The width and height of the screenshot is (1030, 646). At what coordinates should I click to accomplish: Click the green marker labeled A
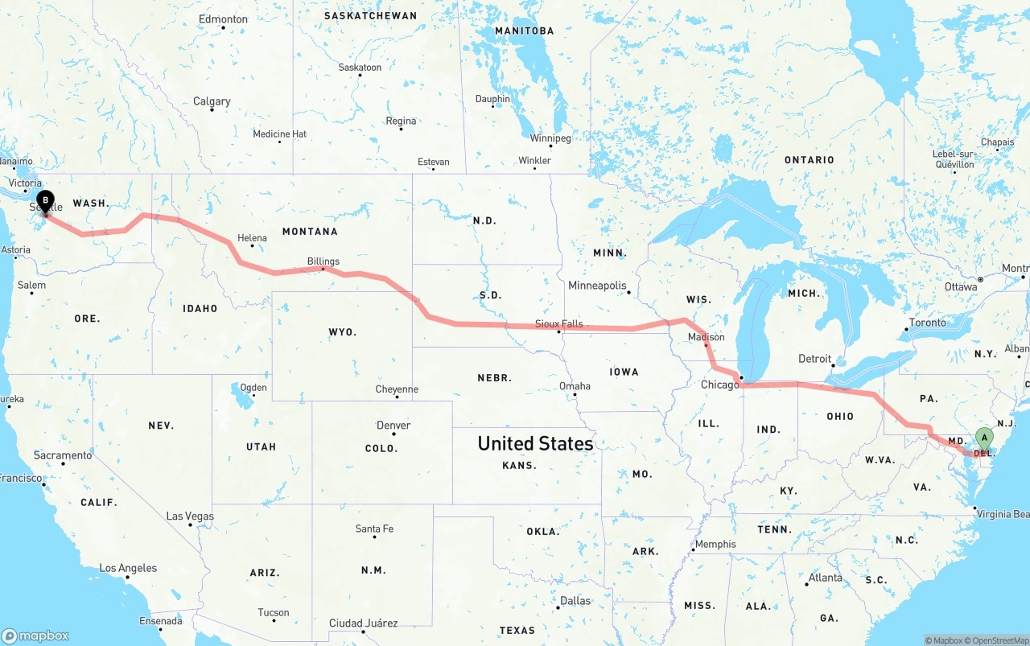point(983,438)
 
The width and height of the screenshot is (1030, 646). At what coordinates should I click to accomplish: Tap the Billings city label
point(323,261)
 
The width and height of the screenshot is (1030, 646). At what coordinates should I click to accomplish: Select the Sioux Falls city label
point(559,324)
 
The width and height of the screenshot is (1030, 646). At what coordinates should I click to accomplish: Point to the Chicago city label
point(719,385)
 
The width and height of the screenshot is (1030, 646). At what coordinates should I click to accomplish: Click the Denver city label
point(393,426)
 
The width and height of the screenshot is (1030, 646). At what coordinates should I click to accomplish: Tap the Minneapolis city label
point(597,286)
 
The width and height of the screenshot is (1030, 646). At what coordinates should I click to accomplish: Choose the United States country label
point(535,443)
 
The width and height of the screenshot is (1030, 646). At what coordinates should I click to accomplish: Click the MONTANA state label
point(310,232)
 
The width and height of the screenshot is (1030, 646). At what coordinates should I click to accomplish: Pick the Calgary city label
point(212,101)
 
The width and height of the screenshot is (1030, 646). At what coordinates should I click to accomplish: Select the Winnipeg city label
point(550,138)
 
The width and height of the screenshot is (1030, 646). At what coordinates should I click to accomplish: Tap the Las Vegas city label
point(190,516)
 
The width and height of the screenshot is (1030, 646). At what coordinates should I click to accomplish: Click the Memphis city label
point(715,544)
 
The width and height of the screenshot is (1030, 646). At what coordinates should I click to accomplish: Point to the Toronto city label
point(928,323)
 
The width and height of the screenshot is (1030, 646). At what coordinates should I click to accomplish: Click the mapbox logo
point(35,636)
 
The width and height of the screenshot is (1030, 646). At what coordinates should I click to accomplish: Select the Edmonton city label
point(223,19)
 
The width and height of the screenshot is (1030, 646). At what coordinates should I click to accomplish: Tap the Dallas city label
point(575,601)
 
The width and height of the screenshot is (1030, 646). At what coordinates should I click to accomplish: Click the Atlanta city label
point(826,578)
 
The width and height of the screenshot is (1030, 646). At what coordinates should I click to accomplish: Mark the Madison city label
point(706,337)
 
